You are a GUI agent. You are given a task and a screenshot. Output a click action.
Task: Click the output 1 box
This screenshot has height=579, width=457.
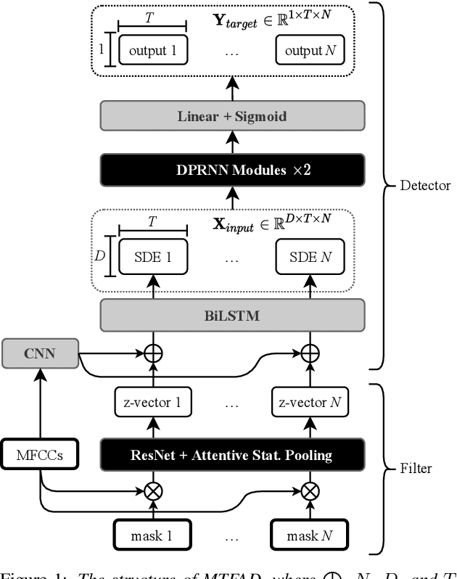click(x=152, y=51)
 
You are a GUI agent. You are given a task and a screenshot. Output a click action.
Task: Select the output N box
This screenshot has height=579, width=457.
click(x=310, y=51)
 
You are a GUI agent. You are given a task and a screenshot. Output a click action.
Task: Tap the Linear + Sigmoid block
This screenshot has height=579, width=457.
click(x=231, y=116)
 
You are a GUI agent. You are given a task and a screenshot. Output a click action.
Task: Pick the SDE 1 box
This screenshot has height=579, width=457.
click(x=152, y=258)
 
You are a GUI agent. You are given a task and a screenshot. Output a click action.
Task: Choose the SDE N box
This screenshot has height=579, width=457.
click(x=310, y=258)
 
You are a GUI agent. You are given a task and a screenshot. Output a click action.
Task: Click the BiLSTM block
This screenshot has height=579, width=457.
click(x=231, y=317)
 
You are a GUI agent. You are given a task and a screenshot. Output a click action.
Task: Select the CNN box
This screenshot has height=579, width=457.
click(x=40, y=355)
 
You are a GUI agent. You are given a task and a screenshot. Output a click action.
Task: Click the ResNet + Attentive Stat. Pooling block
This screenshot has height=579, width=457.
click(x=231, y=455)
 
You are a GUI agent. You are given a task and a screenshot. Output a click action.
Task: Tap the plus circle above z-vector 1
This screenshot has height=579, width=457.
click(x=152, y=354)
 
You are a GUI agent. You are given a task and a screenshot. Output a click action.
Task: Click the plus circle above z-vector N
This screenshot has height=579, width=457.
click(x=310, y=354)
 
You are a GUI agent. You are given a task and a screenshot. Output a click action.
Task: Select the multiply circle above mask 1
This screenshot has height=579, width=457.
click(x=152, y=490)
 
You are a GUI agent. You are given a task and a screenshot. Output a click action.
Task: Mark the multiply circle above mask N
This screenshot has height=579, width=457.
click(x=310, y=490)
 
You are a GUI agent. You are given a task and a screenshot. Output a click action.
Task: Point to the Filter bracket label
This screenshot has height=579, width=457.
click(x=416, y=468)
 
